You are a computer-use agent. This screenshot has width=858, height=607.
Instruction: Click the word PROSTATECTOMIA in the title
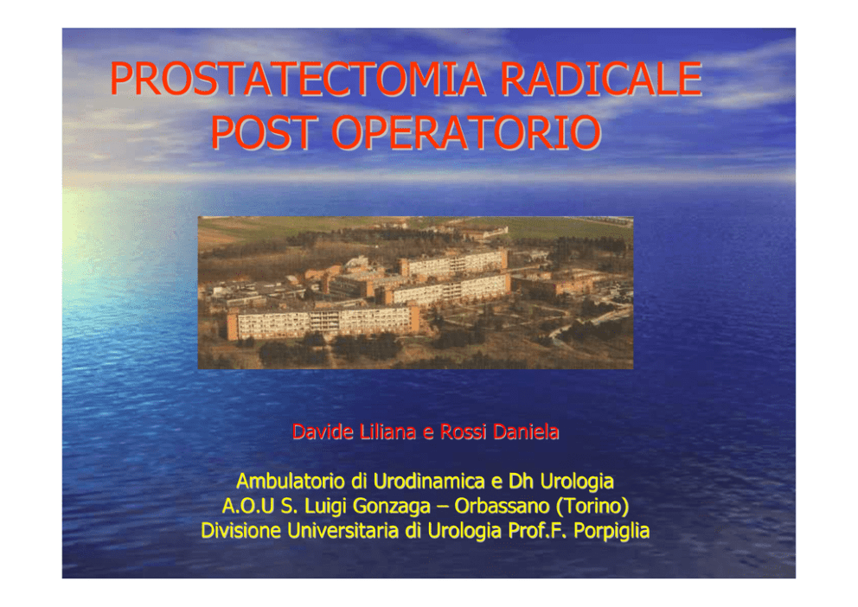click(298, 80)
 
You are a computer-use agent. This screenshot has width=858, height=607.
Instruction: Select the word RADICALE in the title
click(601, 80)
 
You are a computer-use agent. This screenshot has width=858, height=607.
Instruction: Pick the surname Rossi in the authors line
click(463, 432)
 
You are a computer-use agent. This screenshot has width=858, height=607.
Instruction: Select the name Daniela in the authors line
click(526, 432)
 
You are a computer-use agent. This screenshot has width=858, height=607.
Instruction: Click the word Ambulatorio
click(291, 482)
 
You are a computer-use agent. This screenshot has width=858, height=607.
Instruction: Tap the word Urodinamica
click(429, 482)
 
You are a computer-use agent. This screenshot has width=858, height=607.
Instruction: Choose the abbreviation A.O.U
click(247, 506)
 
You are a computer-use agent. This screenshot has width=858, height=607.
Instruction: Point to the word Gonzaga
click(391, 507)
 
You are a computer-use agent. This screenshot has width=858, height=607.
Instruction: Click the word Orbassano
click(502, 506)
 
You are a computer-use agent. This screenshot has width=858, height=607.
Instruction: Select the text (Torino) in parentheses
click(592, 507)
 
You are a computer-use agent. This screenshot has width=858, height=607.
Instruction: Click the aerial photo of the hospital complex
click(415, 292)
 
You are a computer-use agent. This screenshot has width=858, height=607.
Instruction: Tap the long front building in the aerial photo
click(323, 323)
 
